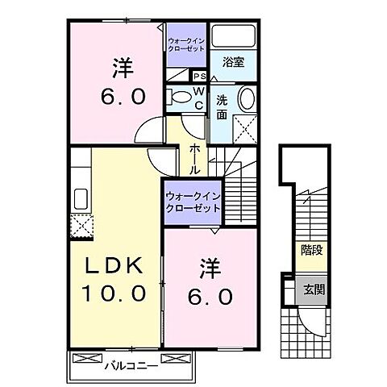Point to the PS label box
pyautogui.click(x=198, y=76)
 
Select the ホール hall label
pyautogui.click(x=194, y=160)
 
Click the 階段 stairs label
pyautogui.click(x=308, y=251)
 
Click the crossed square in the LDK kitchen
pyautogui.click(x=81, y=227)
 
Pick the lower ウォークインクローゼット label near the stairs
pyautogui.click(x=193, y=202)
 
